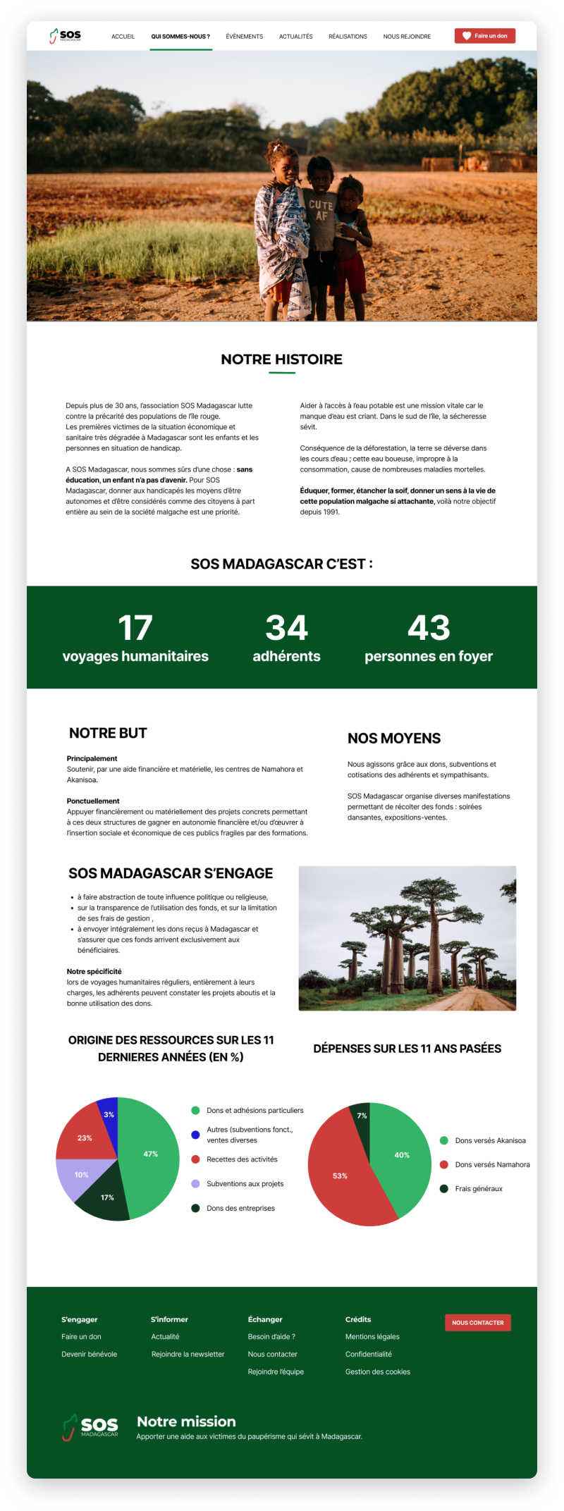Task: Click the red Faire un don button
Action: (485, 36)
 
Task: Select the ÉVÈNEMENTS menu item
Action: (244, 37)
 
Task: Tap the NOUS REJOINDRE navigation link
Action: (407, 37)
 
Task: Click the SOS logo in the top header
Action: (66, 35)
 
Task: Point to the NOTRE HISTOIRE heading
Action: (281, 359)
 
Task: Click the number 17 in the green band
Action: (135, 628)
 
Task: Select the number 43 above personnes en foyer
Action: (428, 628)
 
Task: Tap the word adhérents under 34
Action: (286, 656)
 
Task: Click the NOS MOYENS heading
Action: (393, 739)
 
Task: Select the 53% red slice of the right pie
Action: (340, 1176)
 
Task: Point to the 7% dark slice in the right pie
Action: (361, 1115)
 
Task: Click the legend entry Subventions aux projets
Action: (245, 1184)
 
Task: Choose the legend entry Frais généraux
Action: (478, 1189)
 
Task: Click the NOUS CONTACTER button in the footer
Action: (477, 1323)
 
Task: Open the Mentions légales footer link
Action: (372, 1337)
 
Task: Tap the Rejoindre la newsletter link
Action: (188, 1355)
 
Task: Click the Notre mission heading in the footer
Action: (186, 1421)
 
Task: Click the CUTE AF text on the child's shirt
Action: (321, 210)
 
